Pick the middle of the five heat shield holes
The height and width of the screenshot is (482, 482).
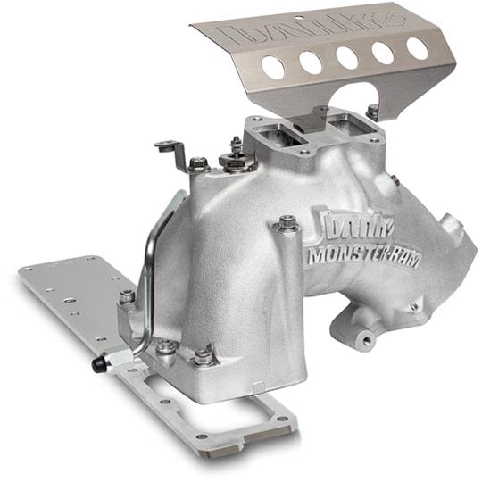[347, 57]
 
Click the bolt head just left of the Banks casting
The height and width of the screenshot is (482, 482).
[287, 223]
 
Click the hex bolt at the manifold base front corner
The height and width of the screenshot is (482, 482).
[204, 355]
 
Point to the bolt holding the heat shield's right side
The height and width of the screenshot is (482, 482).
[373, 111]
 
